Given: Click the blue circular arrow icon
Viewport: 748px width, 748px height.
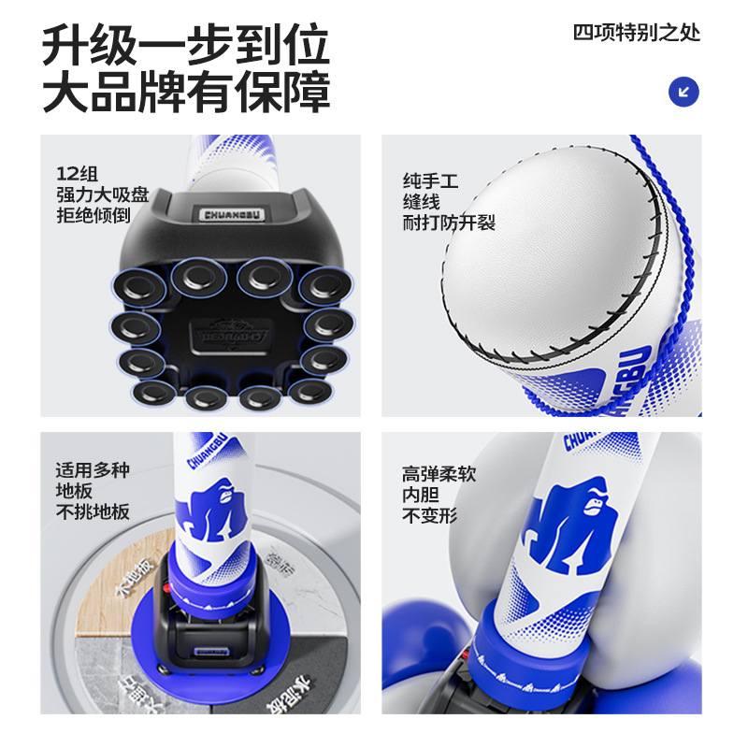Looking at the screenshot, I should tap(684, 92).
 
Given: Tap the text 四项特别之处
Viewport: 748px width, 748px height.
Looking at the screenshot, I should tap(636, 33).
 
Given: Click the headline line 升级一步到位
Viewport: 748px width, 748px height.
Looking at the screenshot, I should tap(186, 44).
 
